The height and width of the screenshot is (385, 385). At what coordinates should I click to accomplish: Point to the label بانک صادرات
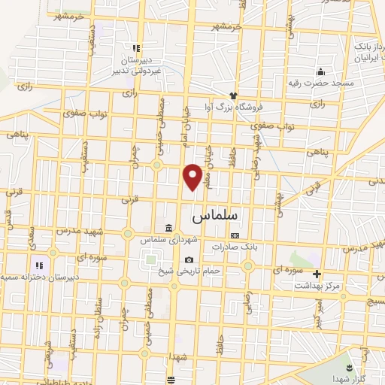point(235,247)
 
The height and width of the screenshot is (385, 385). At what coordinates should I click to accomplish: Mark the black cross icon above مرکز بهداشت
point(317,274)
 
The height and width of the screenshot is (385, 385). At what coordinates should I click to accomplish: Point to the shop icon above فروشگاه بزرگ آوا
point(233,95)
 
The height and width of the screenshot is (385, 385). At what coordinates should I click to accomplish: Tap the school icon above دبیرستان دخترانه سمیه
point(38,265)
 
